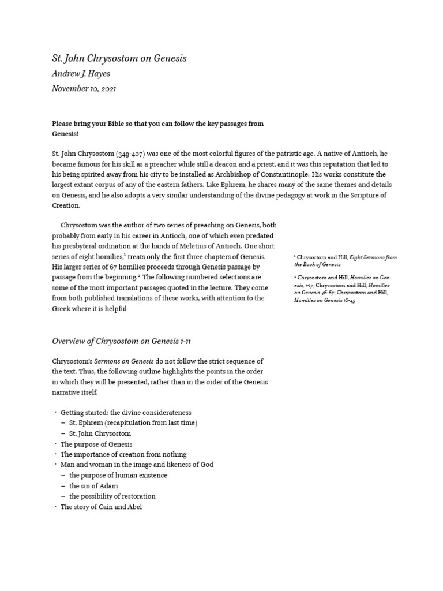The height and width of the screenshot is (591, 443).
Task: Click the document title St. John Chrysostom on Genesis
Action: click(x=119, y=58)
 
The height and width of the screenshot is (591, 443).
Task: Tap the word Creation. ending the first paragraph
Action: click(x=66, y=205)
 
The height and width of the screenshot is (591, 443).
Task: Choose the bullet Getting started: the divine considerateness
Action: click(x=126, y=413)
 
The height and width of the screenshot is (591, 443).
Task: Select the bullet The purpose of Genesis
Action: click(x=96, y=444)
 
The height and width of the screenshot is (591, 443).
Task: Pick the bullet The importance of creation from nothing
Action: click(x=123, y=454)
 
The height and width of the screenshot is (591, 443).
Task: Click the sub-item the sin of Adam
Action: click(x=93, y=486)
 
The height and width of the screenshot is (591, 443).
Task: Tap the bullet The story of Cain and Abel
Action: click(x=101, y=507)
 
